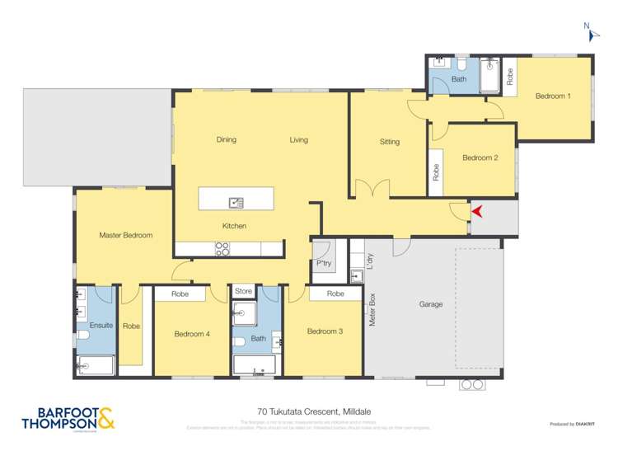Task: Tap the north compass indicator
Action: pos(590,31)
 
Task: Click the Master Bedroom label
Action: pos(125,235)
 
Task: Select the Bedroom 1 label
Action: pos(552,96)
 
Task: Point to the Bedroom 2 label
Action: pos(480,157)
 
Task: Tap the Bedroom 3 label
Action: pos(325,331)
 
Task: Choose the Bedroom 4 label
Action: pos(192,334)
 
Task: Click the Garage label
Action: pos(430,304)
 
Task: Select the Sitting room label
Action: pos(389,142)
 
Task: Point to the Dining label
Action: pos(226,139)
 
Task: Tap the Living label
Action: pos(298,139)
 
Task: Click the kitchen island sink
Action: pos(236,201)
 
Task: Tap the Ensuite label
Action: pos(101,326)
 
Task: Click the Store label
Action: pos(243,291)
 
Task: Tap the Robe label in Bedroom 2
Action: pos(436,172)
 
